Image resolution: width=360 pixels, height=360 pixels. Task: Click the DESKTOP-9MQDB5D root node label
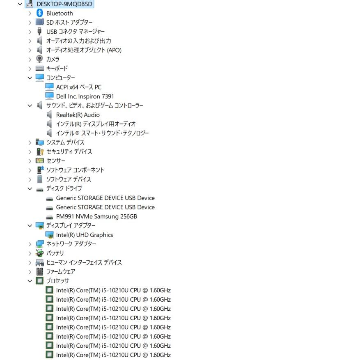(x=64, y=4)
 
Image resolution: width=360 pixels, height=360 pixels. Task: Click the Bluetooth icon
(x=39, y=13)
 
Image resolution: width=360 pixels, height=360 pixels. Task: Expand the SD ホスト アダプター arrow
(x=30, y=23)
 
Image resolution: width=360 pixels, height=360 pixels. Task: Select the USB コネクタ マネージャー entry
(x=75, y=32)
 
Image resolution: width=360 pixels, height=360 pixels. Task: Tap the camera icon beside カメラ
(x=39, y=59)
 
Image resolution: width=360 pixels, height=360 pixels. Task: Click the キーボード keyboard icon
(x=39, y=68)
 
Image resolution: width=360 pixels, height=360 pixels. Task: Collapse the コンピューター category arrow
(x=30, y=78)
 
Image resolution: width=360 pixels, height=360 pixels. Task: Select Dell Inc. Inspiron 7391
(x=85, y=96)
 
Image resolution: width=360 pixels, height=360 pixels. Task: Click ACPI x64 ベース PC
(x=79, y=87)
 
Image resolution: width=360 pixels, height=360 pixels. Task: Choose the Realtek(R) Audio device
(x=78, y=115)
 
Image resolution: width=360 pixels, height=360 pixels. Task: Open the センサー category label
(x=56, y=161)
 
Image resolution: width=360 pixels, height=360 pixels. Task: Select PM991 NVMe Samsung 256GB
(x=96, y=216)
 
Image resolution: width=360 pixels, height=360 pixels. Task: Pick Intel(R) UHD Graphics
(x=85, y=235)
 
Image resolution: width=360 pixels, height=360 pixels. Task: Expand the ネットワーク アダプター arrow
(x=30, y=244)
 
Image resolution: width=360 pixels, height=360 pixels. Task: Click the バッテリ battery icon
(x=39, y=253)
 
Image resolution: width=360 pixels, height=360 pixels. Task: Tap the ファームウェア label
(x=61, y=272)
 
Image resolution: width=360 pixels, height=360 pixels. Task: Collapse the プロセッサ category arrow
(x=30, y=281)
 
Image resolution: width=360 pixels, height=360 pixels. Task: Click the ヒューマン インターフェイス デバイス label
(x=84, y=262)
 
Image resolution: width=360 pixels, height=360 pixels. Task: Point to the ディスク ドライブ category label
(x=64, y=188)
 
